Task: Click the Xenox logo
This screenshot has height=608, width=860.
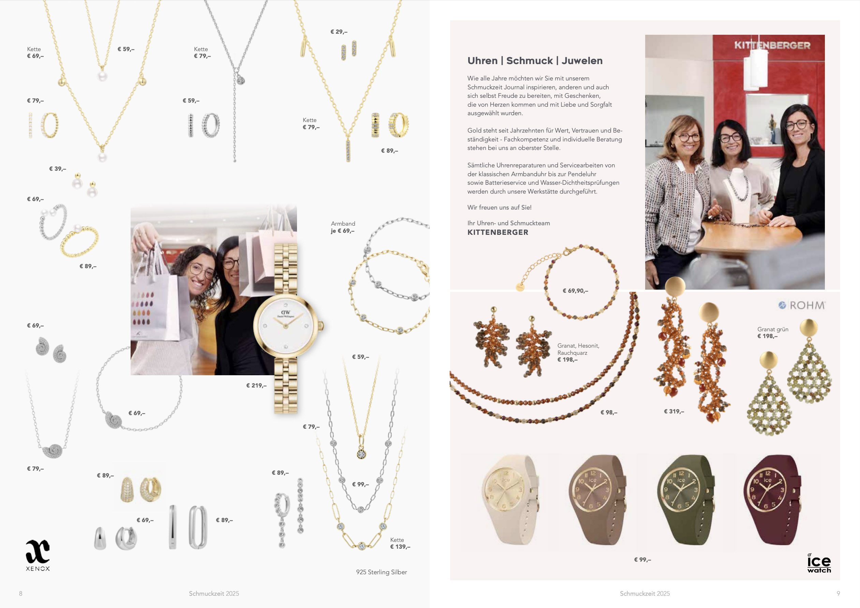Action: click(x=38, y=555)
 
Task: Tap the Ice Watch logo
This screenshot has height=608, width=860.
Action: click(x=819, y=563)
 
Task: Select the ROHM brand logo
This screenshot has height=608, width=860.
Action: click(x=802, y=305)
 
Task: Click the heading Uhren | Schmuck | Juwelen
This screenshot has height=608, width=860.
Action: click(x=535, y=61)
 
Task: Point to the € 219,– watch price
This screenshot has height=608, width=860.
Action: click(x=256, y=385)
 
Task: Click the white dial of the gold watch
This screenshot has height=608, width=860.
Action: click(x=286, y=325)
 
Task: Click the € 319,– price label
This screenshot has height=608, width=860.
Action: click(x=674, y=411)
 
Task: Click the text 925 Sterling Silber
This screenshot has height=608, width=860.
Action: click(x=381, y=572)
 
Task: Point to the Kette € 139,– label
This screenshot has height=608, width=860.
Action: click(x=400, y=543)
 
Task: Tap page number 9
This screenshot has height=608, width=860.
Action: click(x=838, y=593)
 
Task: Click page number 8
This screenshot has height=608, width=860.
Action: click(x=20, y=593)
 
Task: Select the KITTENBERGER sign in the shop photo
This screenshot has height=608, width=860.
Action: click(x=772, y=45)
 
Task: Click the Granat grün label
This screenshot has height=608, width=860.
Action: click(x=773, y=330)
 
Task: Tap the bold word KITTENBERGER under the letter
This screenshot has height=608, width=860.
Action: click(x=498, y=232)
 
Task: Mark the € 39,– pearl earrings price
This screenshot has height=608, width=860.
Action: click(x=58, y=169)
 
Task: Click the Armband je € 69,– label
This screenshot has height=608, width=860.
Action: click(x=343, y=227)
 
